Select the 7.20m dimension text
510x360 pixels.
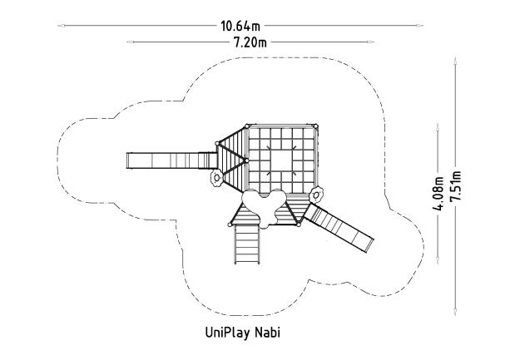click(249, 41)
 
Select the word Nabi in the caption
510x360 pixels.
click(269, 333)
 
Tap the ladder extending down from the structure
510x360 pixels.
click(246, 241)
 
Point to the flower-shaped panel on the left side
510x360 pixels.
click(216, 177)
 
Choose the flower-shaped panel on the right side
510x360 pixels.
click(316, 195)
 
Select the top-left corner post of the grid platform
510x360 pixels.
click(246, 126)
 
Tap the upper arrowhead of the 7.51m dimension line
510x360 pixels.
click(455, 58)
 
